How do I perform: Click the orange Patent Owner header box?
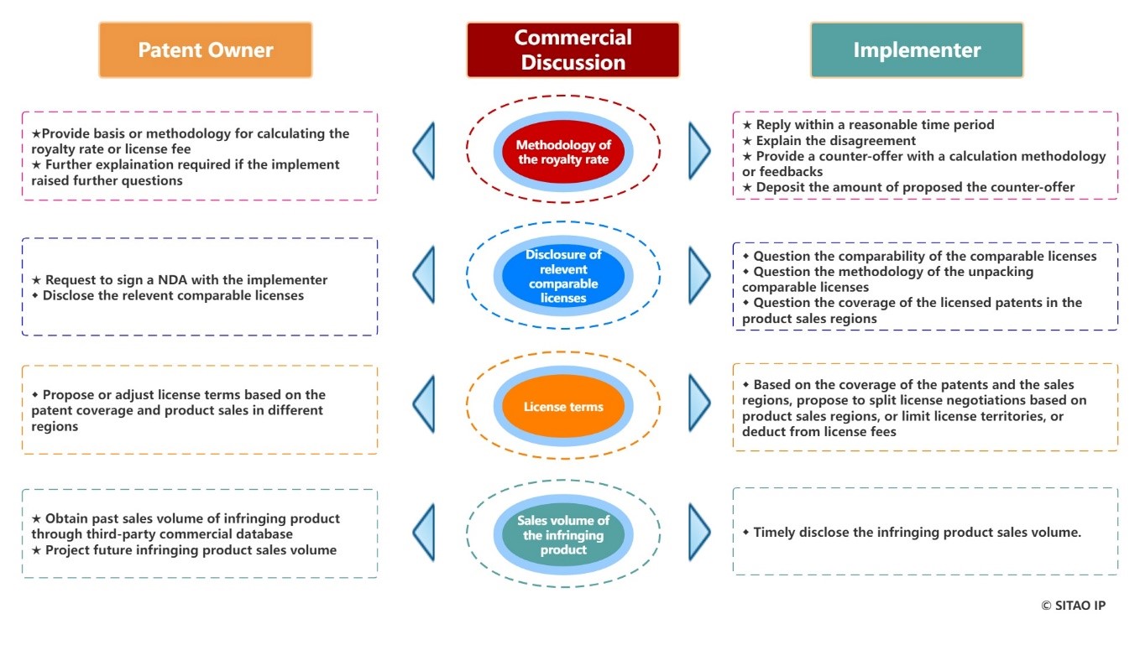tap(206, 50)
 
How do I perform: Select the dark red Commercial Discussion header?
tap(573, 50)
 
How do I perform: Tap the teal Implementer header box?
tap(917, 50)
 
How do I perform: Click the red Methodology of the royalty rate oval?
tap(563, 152)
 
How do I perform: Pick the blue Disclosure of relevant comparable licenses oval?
tap(563, 276)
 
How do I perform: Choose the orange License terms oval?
tap(563, 407)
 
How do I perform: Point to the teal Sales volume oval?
tap(563, 535)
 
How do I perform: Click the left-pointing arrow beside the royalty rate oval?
tap(425, 151)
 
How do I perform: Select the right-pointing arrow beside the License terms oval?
tap(699, 403)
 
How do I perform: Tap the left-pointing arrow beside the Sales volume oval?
tap(425, 532)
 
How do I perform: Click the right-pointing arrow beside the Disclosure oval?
tap(699, 274)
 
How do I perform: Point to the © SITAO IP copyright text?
tap(1073, 606)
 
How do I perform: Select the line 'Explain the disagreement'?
tap(829, 141)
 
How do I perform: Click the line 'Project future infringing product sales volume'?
tap(184, 550)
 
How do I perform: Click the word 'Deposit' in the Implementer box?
tap(779, 188)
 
